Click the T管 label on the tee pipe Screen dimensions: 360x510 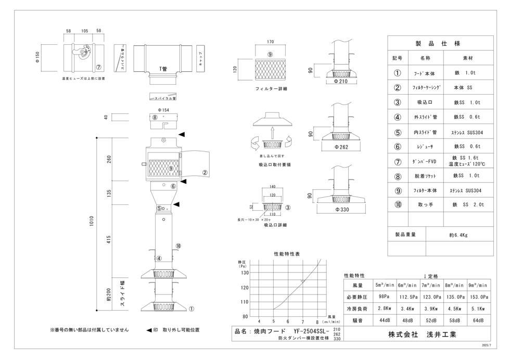[163, 68]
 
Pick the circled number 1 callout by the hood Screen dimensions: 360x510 [191, 308]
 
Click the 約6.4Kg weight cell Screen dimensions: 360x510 [458, 235]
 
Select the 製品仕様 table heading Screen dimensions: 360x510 [440, 44]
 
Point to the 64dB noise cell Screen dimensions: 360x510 [477, 320]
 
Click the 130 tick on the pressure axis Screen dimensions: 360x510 [245, 272]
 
